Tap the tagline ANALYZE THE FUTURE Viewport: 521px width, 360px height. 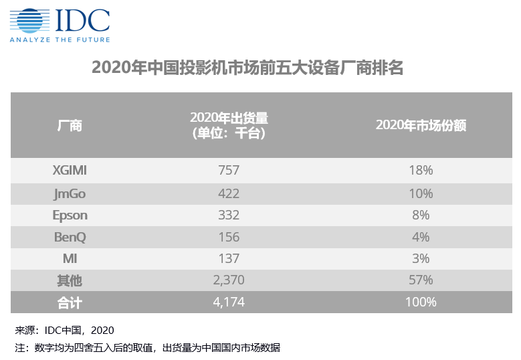point(59,39)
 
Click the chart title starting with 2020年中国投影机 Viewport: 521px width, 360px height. point(247,68)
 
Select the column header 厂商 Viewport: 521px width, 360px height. point(70,126)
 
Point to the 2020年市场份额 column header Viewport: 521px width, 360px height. point(420,126)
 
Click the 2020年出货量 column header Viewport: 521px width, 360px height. point(229,126)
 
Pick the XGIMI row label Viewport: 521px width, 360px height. point(70,170)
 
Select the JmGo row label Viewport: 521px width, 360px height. point(70,193)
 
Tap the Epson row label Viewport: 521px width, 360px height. point(70,215)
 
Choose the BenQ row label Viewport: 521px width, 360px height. point(70,237)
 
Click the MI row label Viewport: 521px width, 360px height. point(70,258)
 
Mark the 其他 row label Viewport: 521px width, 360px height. point(70,280)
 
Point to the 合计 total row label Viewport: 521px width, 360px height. point(70,302)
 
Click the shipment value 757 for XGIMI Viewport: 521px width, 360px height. point(229,170)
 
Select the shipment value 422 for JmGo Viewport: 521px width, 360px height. point(229,193)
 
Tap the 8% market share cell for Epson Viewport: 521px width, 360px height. point(420,215)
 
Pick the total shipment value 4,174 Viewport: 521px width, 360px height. point(229,302)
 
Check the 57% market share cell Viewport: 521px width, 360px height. point(420,280)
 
